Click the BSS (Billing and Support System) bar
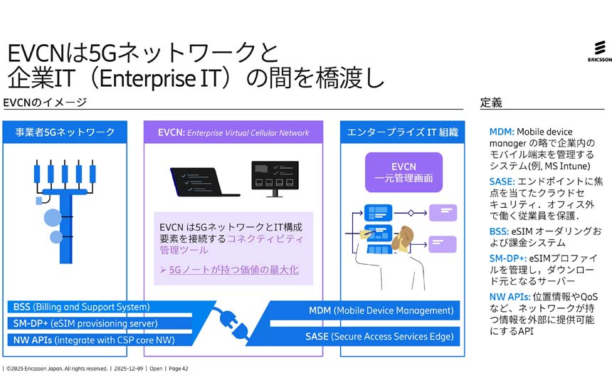[x=82, y=308]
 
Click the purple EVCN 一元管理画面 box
[x=403, y=172]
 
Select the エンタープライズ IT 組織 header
[x=402, y=132]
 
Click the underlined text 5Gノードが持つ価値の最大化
[x=233, y=270]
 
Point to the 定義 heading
[x=491, y=103]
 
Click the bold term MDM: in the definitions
[x=501, y=132]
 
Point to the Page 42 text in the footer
[x=178, y=369]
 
